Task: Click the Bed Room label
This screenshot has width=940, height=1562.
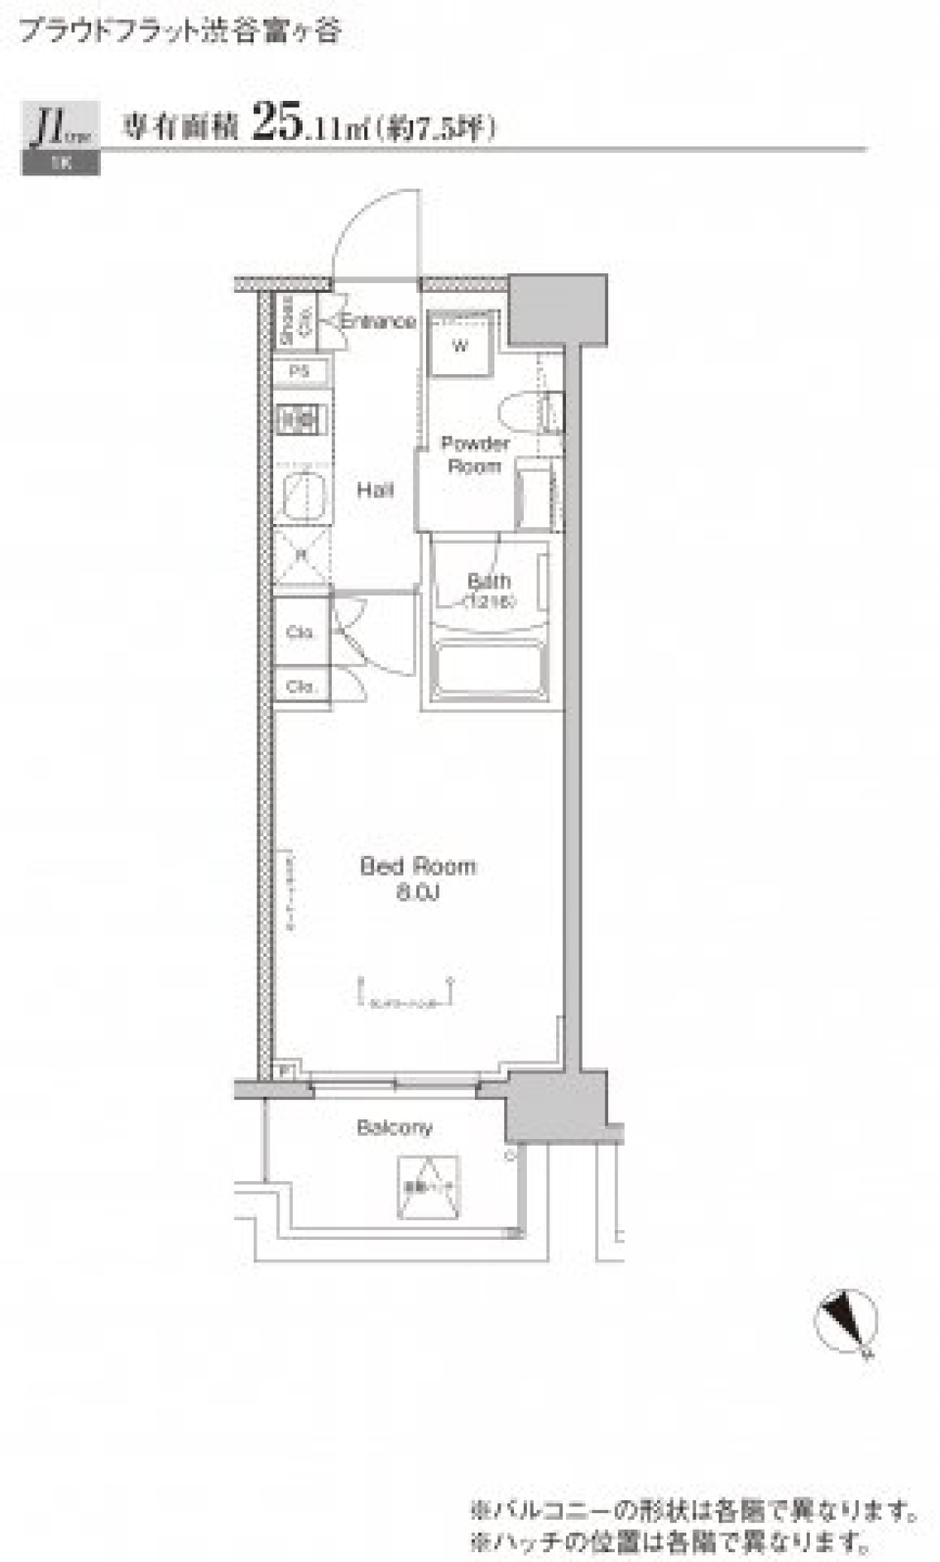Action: pos(417,866)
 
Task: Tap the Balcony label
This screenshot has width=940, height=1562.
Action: pos(394,1127)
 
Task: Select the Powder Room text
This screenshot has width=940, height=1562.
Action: pos(475,454)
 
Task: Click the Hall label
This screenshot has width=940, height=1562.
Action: pos(374,490)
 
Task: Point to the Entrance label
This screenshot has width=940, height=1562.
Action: pos(378,321)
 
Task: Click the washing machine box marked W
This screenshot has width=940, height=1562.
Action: pos(460,346)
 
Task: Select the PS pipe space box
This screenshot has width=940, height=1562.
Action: pos(300,372)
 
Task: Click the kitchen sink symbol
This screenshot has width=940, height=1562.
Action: pos(303,494)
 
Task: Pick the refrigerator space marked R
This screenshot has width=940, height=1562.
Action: pos(302,555)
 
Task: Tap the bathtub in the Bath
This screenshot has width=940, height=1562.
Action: pos(490,671)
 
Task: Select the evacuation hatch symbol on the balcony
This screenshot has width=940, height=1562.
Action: pos(428,1188)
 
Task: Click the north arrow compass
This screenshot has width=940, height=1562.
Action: pos(846,1322)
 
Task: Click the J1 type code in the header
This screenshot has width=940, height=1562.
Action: pos(51,127)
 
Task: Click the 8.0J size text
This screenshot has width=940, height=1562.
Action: pos(417,892)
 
